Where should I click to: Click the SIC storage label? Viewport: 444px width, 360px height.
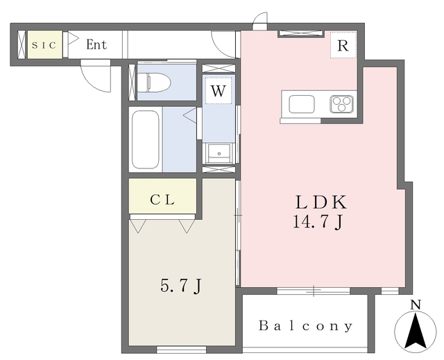tap(44, 45)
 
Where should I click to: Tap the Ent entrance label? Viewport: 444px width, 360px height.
tap(96, 44)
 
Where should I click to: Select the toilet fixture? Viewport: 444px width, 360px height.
tap(154, 83)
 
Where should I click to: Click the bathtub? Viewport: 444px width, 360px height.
tap(146, 139)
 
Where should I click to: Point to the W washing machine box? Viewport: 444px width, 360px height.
tap(219, 91)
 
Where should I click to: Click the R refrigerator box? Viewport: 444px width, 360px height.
tap(343, 45)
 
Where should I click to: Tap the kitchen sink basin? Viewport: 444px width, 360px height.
tap(302, 104)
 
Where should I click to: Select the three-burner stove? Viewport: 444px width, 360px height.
tap(341, 104)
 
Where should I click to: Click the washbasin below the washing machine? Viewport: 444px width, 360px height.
tap(219, 153)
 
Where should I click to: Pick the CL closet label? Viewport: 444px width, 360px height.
tap(162, 200)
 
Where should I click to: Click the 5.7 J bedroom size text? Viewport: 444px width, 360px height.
tap(180, 286)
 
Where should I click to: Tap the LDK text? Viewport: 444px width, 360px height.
tap(321, 202)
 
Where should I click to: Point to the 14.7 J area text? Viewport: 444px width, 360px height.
tap(318, 221)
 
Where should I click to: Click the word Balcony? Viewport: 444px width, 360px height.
tap(306, 326)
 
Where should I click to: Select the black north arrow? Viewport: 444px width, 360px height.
tap(416, 331)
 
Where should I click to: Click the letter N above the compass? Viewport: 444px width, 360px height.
tap(416, 305)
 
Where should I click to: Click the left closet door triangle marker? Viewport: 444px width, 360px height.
tap(138, 226)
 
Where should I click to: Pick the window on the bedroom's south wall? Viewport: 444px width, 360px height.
tap(181, 350)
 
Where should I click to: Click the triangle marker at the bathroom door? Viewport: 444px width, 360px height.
tap(189, 115)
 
